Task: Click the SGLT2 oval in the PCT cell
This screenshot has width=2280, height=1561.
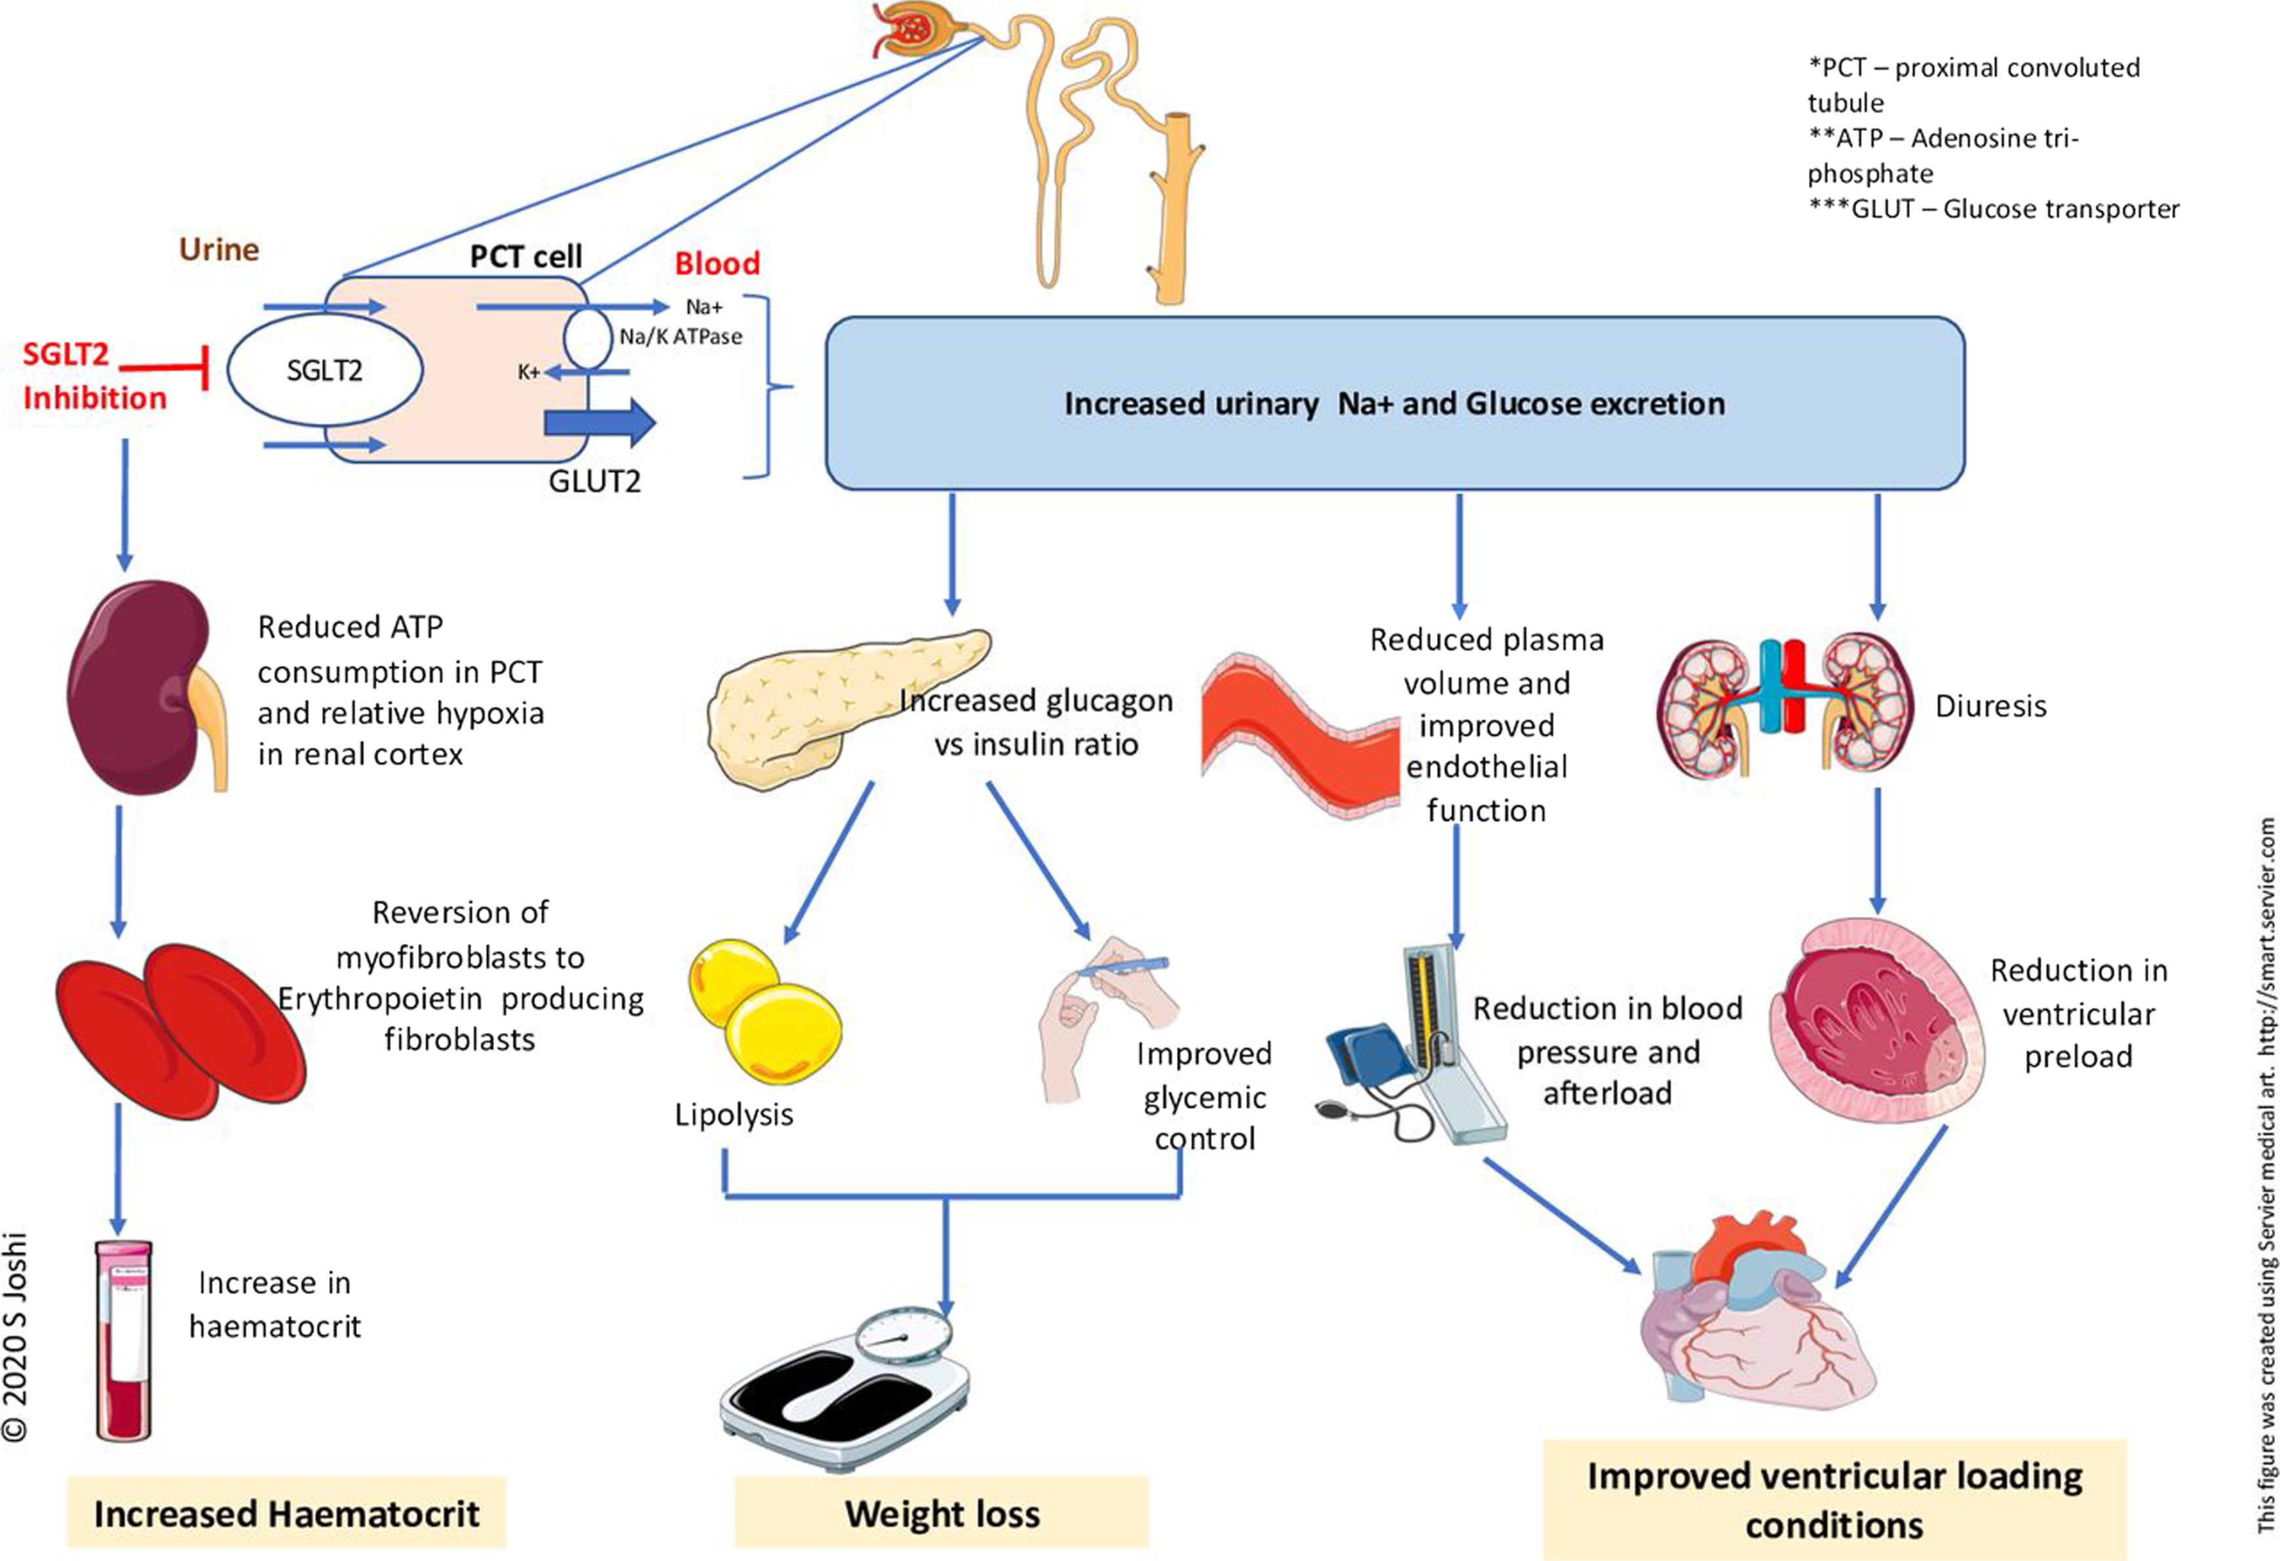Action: tap(325, 370)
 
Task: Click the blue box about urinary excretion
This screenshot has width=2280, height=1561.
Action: tap(1394, 403)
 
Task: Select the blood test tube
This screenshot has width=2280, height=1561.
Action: tap(124, 1340)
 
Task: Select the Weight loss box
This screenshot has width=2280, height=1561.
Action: tap(942, 1514)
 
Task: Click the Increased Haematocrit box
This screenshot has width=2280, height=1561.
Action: tap(286, 1514)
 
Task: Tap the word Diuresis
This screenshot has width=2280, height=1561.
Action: tap(1990, 706)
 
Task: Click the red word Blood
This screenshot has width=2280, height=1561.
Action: tap(717, 263)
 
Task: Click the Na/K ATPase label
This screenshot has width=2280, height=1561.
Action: tap(681, 337)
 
